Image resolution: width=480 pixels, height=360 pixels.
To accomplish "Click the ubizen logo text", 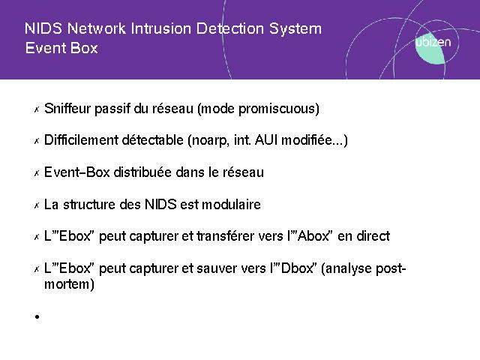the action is coord(433,42).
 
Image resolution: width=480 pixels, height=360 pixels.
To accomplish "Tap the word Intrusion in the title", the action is coord(161,28).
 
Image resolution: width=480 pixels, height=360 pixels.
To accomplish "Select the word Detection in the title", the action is coord(230,28).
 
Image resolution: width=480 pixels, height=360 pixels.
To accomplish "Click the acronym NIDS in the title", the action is coord(43,28).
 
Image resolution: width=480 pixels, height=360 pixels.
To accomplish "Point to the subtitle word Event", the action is coord(45,48).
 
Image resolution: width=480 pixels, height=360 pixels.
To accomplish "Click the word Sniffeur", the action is coord(67,108).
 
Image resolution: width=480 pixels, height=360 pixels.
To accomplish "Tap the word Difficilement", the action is coord(81,140).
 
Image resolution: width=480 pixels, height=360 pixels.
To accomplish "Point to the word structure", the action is coord(88,204).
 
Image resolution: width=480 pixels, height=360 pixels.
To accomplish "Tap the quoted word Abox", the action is coord(314,236).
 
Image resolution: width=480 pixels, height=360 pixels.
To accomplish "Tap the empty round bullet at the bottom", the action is coord(37,316).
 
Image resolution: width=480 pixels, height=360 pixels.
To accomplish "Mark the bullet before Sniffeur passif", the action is coord(37,109).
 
